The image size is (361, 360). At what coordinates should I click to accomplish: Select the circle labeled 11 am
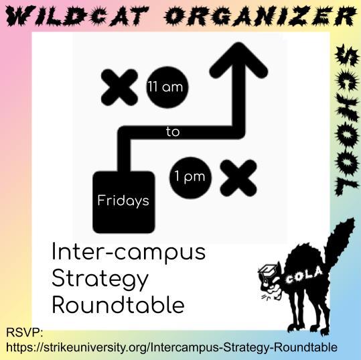click(167, 87)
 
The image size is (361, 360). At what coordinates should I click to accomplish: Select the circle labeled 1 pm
click(190, 178)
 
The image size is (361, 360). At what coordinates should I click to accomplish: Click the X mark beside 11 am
click(119, 87)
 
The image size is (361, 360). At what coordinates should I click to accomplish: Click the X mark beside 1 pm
click(238, 178)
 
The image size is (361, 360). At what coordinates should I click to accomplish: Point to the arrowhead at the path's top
click(238, 60)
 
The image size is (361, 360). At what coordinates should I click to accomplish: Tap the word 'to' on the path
click(173, 132)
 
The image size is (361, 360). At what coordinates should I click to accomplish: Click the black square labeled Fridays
click(124, 202)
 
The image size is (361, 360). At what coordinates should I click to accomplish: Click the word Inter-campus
click(129, 252)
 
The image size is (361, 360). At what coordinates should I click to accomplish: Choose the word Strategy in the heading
click(100, 280)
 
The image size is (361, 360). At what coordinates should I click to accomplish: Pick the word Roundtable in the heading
click(119, 305)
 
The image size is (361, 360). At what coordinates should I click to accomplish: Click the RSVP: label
click(24, 333)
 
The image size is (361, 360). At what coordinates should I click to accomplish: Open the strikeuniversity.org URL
click(171, 347)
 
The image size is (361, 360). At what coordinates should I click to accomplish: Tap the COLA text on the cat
click(303, 276)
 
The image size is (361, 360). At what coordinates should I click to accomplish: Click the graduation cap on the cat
click(267, 270)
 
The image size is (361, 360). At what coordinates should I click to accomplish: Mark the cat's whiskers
click(267, 296)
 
